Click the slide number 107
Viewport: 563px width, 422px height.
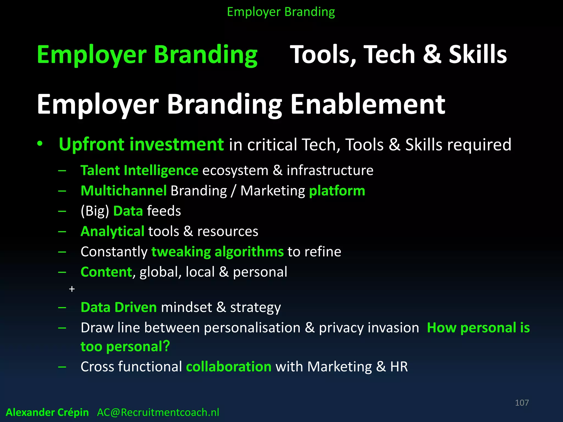point(521,403)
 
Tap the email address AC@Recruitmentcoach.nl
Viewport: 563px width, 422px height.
point(158,412)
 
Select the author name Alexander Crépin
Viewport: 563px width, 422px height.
point(47,412)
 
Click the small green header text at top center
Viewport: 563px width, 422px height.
point(281,12)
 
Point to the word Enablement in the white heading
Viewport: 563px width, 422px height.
point(368,104)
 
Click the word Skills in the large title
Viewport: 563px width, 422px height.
point(478,54)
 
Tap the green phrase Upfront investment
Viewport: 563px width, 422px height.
point(141,145)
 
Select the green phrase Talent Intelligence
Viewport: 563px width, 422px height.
point(139,171)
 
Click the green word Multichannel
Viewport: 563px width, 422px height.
point(124,191)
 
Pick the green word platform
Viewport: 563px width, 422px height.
point(337,191)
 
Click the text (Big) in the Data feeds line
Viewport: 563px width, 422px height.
point(95,211)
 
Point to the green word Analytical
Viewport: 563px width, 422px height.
point(112,231)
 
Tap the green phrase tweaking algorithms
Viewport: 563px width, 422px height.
point(217,252)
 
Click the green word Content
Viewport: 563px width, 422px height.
point(106,272)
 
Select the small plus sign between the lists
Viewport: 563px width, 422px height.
point(72,289)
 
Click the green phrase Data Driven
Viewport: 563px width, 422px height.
point(119,307)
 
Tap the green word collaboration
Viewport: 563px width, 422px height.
point(229,367)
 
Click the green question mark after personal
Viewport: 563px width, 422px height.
point(166,346)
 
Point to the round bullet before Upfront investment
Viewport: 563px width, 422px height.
point(40,144)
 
